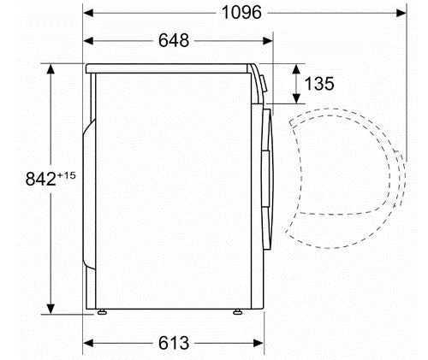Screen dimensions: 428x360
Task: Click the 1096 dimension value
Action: click(x=241, y=13)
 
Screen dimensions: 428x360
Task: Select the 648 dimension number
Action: click(x=174, y=41)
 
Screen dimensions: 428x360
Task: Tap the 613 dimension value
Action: click(x=174, y=343)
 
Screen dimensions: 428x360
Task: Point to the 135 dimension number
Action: click(x=319, y=84)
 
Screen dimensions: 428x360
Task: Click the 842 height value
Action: click(x=41, y=180)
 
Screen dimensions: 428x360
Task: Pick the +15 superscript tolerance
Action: click(x=67, y=175)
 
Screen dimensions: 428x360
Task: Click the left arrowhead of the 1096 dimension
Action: click(x=88, y=13)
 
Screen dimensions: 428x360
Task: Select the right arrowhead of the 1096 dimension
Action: click(x=401, y=13)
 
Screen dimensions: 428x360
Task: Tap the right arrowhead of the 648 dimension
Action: click(x=268, y=41)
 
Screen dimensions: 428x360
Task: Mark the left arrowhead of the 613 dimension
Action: click(x=88, y=343)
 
